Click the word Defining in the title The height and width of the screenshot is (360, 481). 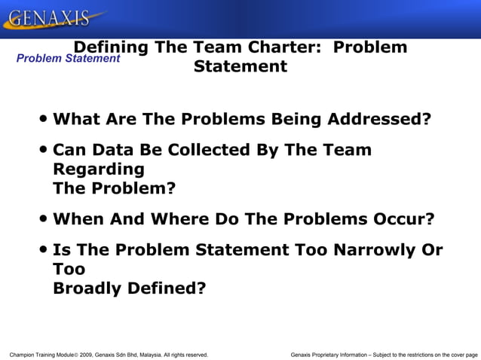click(x=111, y=47)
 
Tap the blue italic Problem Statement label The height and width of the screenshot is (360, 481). click(x=68, y=58)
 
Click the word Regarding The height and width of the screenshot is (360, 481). click(x=99, y=169)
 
